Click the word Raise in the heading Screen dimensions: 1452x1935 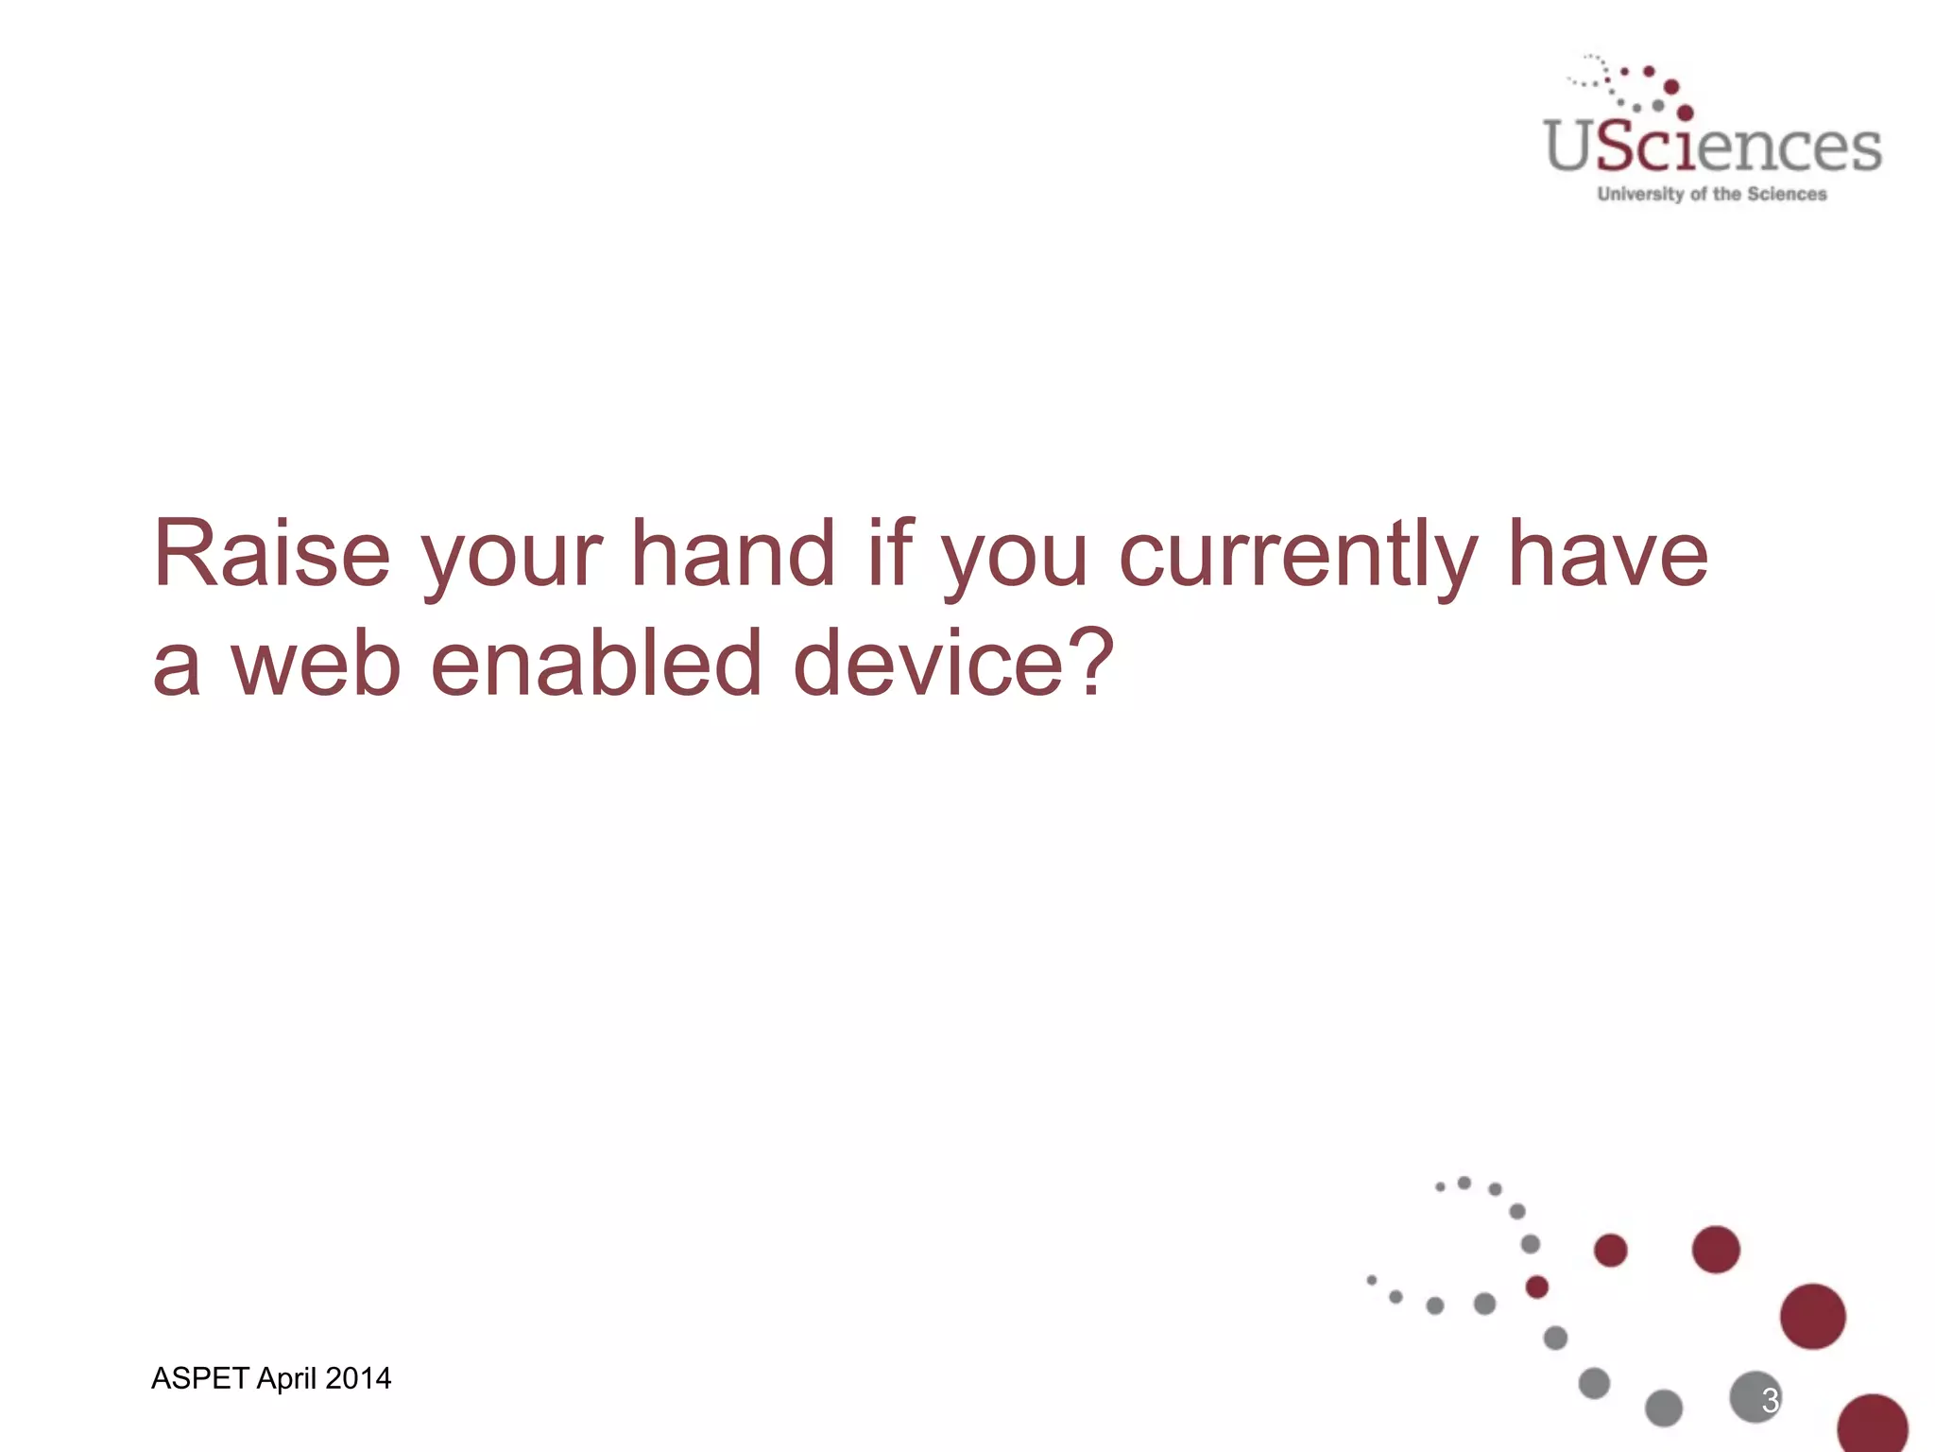point(272,554)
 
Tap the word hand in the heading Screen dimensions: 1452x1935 point(733,554)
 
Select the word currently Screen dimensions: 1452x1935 point(1298,558)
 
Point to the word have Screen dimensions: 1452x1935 point(1607,554)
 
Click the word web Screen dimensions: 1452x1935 point(317,665)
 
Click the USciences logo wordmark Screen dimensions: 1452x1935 point(1713,148)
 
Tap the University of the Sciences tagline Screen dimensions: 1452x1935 point(1712,194)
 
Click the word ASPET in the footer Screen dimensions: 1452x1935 point(199,1378)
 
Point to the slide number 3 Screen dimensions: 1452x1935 point(1770,1400)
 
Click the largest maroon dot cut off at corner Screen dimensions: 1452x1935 point(1872,1425)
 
